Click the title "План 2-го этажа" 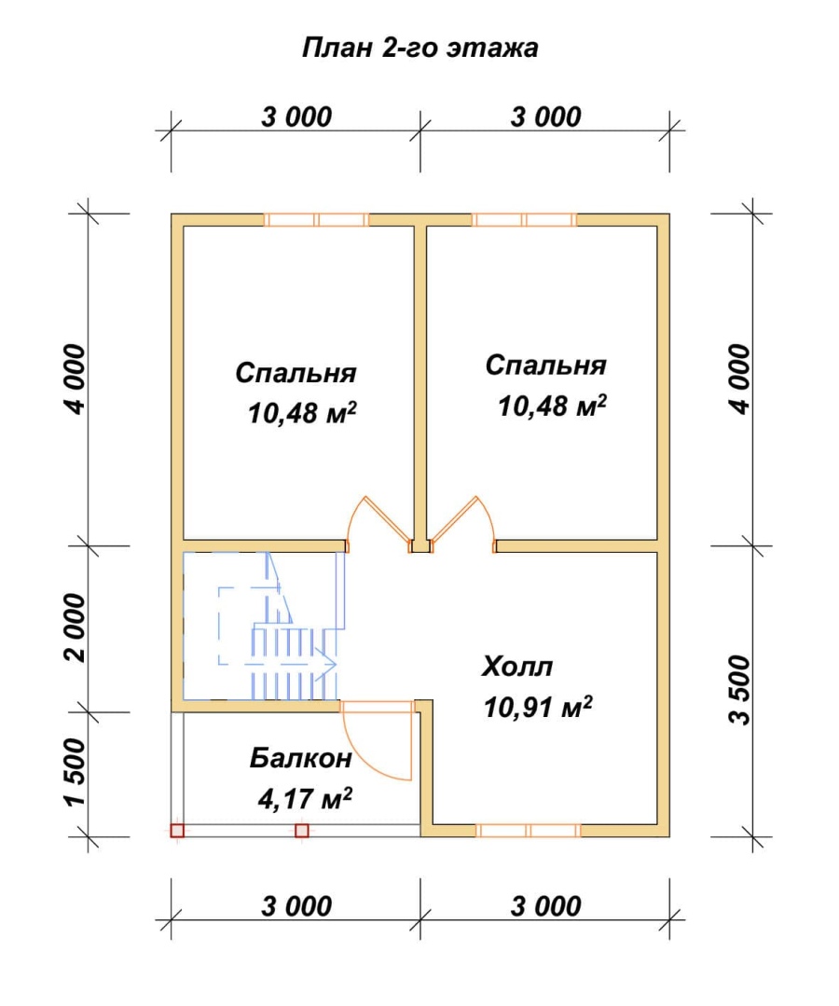(419, 48)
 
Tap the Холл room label (517, 667)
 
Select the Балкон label (301, 758)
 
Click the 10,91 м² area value (538, 707)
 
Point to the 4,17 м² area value (305, 799)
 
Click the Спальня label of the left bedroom (296, 373)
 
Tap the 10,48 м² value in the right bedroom (552, 406)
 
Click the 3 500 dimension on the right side (739, 690)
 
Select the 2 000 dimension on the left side (76, 627)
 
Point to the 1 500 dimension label (76, 773)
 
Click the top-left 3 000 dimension (296, 117)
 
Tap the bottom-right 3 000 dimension (546, 906)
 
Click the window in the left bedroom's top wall (317, 220)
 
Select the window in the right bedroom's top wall (525, 220)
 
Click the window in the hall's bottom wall (529, 831)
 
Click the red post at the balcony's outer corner (177, 831)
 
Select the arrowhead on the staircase (328, 664)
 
